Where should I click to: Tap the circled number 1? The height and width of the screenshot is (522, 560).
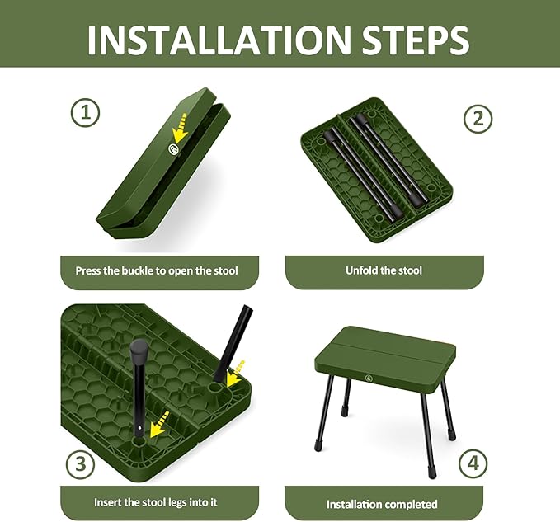point(85,112)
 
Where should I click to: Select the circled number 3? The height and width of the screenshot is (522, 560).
point(80,463)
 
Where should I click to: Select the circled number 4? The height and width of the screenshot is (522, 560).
point(472,463)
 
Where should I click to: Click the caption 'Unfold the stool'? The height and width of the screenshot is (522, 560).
point(384,270)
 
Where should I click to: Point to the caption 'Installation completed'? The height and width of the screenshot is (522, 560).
point(382,504)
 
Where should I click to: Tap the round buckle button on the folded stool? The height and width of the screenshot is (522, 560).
point(174,149)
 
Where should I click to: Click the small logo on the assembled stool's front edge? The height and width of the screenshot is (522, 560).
point(364,380)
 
